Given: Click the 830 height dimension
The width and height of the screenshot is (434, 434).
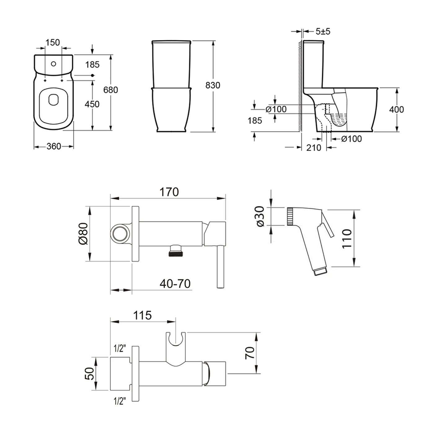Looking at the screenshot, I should coord(213,85).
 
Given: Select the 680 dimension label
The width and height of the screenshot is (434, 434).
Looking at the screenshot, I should coord(111,90).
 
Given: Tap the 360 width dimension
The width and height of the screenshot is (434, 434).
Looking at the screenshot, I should coord(54,147).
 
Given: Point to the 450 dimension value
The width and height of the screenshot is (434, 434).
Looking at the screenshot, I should coord(92,104).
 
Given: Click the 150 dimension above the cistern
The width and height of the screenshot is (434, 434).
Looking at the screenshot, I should coord(52,42).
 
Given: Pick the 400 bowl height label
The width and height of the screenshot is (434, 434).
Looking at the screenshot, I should coord(396,109).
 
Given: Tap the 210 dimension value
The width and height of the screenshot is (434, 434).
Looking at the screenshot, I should coord(314,148).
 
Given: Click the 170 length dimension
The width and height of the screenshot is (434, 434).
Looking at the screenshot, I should coord(170,192).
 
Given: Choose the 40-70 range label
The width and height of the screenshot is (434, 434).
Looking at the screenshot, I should coord(175,283).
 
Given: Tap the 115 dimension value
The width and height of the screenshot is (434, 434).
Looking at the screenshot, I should coord(142,315).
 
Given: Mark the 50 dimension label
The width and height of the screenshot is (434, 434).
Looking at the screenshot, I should coord(89,374).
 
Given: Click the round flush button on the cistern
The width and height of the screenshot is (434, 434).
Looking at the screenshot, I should coord(53,64).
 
